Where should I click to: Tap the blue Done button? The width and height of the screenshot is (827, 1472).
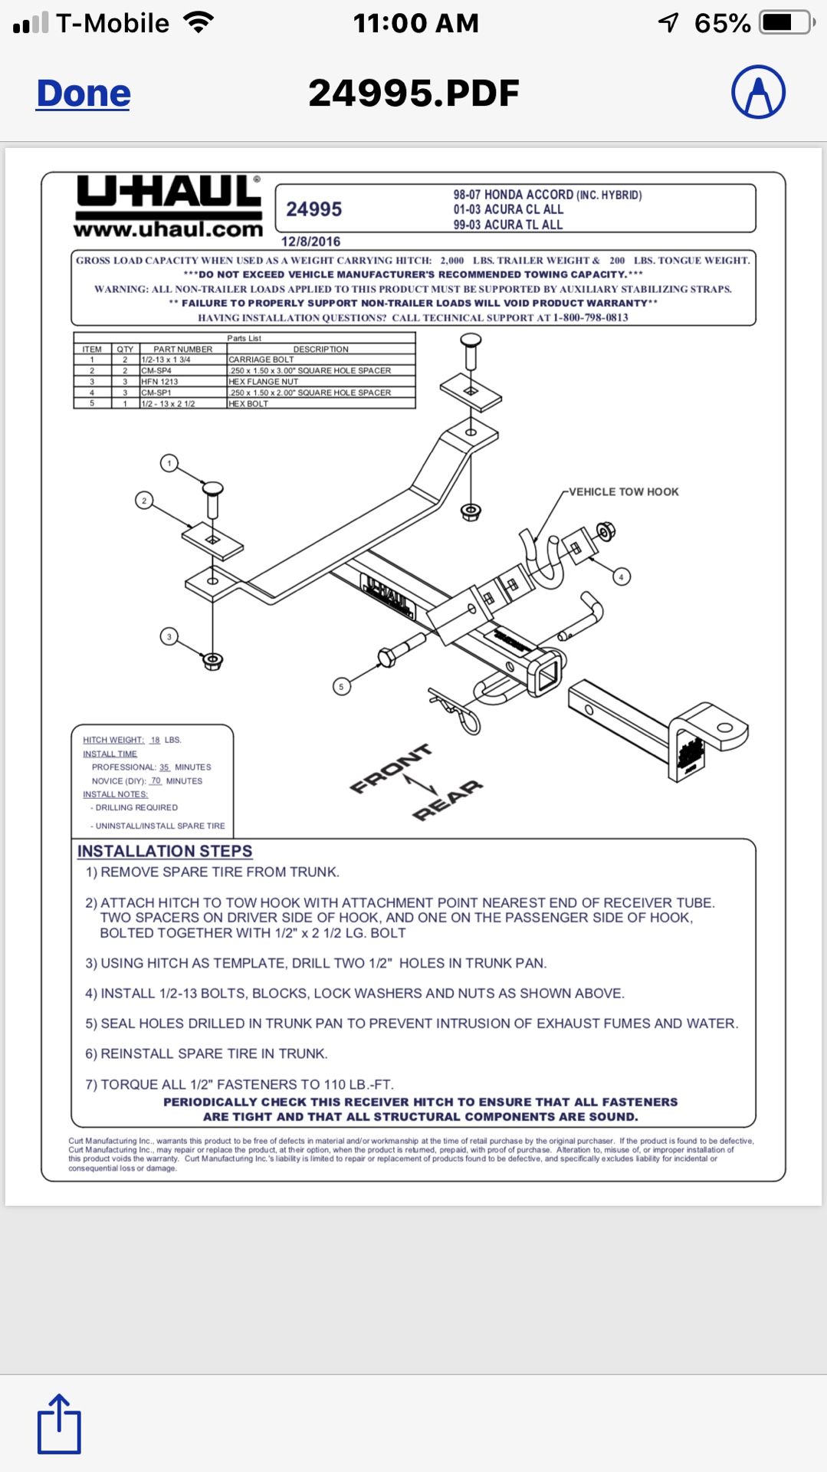[84, 94]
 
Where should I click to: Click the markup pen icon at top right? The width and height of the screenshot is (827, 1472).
[758, 92]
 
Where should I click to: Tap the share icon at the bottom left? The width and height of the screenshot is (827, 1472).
[59, 1424]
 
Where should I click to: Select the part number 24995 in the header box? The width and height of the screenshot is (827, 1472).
[314, 209]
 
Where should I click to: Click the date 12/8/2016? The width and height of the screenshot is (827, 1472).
[310, 242]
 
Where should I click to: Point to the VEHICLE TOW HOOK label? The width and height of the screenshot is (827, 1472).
[623, 492]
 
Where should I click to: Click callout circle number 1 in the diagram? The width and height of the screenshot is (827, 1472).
[169, 463]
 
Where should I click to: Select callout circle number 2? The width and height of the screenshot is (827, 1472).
[144, 501]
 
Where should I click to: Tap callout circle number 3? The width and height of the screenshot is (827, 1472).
[169, 636]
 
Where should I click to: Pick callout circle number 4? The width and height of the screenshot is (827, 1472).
[622, 577]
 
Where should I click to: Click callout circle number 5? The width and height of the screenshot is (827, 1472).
[342, 686]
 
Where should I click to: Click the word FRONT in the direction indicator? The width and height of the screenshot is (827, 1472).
[390, 768]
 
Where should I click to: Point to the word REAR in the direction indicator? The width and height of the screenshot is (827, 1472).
[448, 800]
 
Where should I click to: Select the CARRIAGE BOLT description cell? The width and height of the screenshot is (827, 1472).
[261, 360]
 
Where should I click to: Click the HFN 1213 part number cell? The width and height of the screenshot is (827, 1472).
[159, 382]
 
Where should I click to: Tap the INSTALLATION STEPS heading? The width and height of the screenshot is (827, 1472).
[165, 851]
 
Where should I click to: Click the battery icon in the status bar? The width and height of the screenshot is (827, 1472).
[784, 23]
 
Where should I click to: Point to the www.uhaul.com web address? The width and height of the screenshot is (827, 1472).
[169, 229]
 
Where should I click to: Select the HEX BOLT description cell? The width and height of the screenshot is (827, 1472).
[248, 404]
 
